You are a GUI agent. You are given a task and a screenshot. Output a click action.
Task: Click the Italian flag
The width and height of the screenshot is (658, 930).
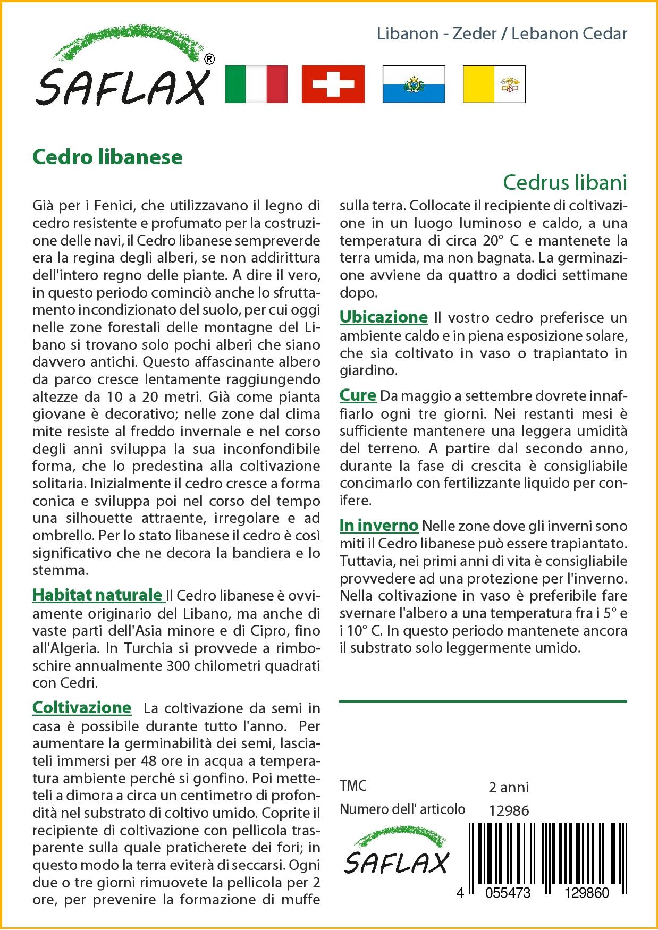[256, 84]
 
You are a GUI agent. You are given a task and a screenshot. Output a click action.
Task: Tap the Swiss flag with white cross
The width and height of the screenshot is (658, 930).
[333, 84]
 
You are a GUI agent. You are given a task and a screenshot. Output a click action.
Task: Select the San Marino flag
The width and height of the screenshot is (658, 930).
[414, 84]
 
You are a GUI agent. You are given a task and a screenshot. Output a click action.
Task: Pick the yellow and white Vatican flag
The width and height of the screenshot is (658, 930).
[494, 84]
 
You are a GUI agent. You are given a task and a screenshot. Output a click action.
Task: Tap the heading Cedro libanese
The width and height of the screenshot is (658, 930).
[107, 157]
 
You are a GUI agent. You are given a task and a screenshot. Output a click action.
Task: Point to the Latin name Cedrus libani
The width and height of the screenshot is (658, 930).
[565, 182]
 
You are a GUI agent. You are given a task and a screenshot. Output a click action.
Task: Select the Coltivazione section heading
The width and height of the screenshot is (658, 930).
[82, 707]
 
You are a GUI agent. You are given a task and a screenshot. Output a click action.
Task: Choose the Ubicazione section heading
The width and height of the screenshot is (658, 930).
[383, 317]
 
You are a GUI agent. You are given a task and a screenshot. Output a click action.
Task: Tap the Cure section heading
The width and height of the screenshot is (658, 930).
[358, 395]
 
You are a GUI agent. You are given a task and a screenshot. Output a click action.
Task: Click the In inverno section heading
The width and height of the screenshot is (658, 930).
[379, 526]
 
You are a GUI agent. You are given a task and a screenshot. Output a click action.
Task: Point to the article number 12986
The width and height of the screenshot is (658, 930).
[509, 810]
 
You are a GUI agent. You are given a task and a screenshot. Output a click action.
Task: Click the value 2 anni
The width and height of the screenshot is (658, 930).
[509, 787]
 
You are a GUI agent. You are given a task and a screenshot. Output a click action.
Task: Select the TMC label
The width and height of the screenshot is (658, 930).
[353, 786]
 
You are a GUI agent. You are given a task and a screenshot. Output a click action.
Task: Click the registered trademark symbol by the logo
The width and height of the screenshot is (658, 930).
[209, 60]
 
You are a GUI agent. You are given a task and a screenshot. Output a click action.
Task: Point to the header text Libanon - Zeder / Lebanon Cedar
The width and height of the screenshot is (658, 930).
[502, 33]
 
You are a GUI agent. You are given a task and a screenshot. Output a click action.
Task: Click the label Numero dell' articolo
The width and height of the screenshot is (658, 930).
[402, 809]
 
